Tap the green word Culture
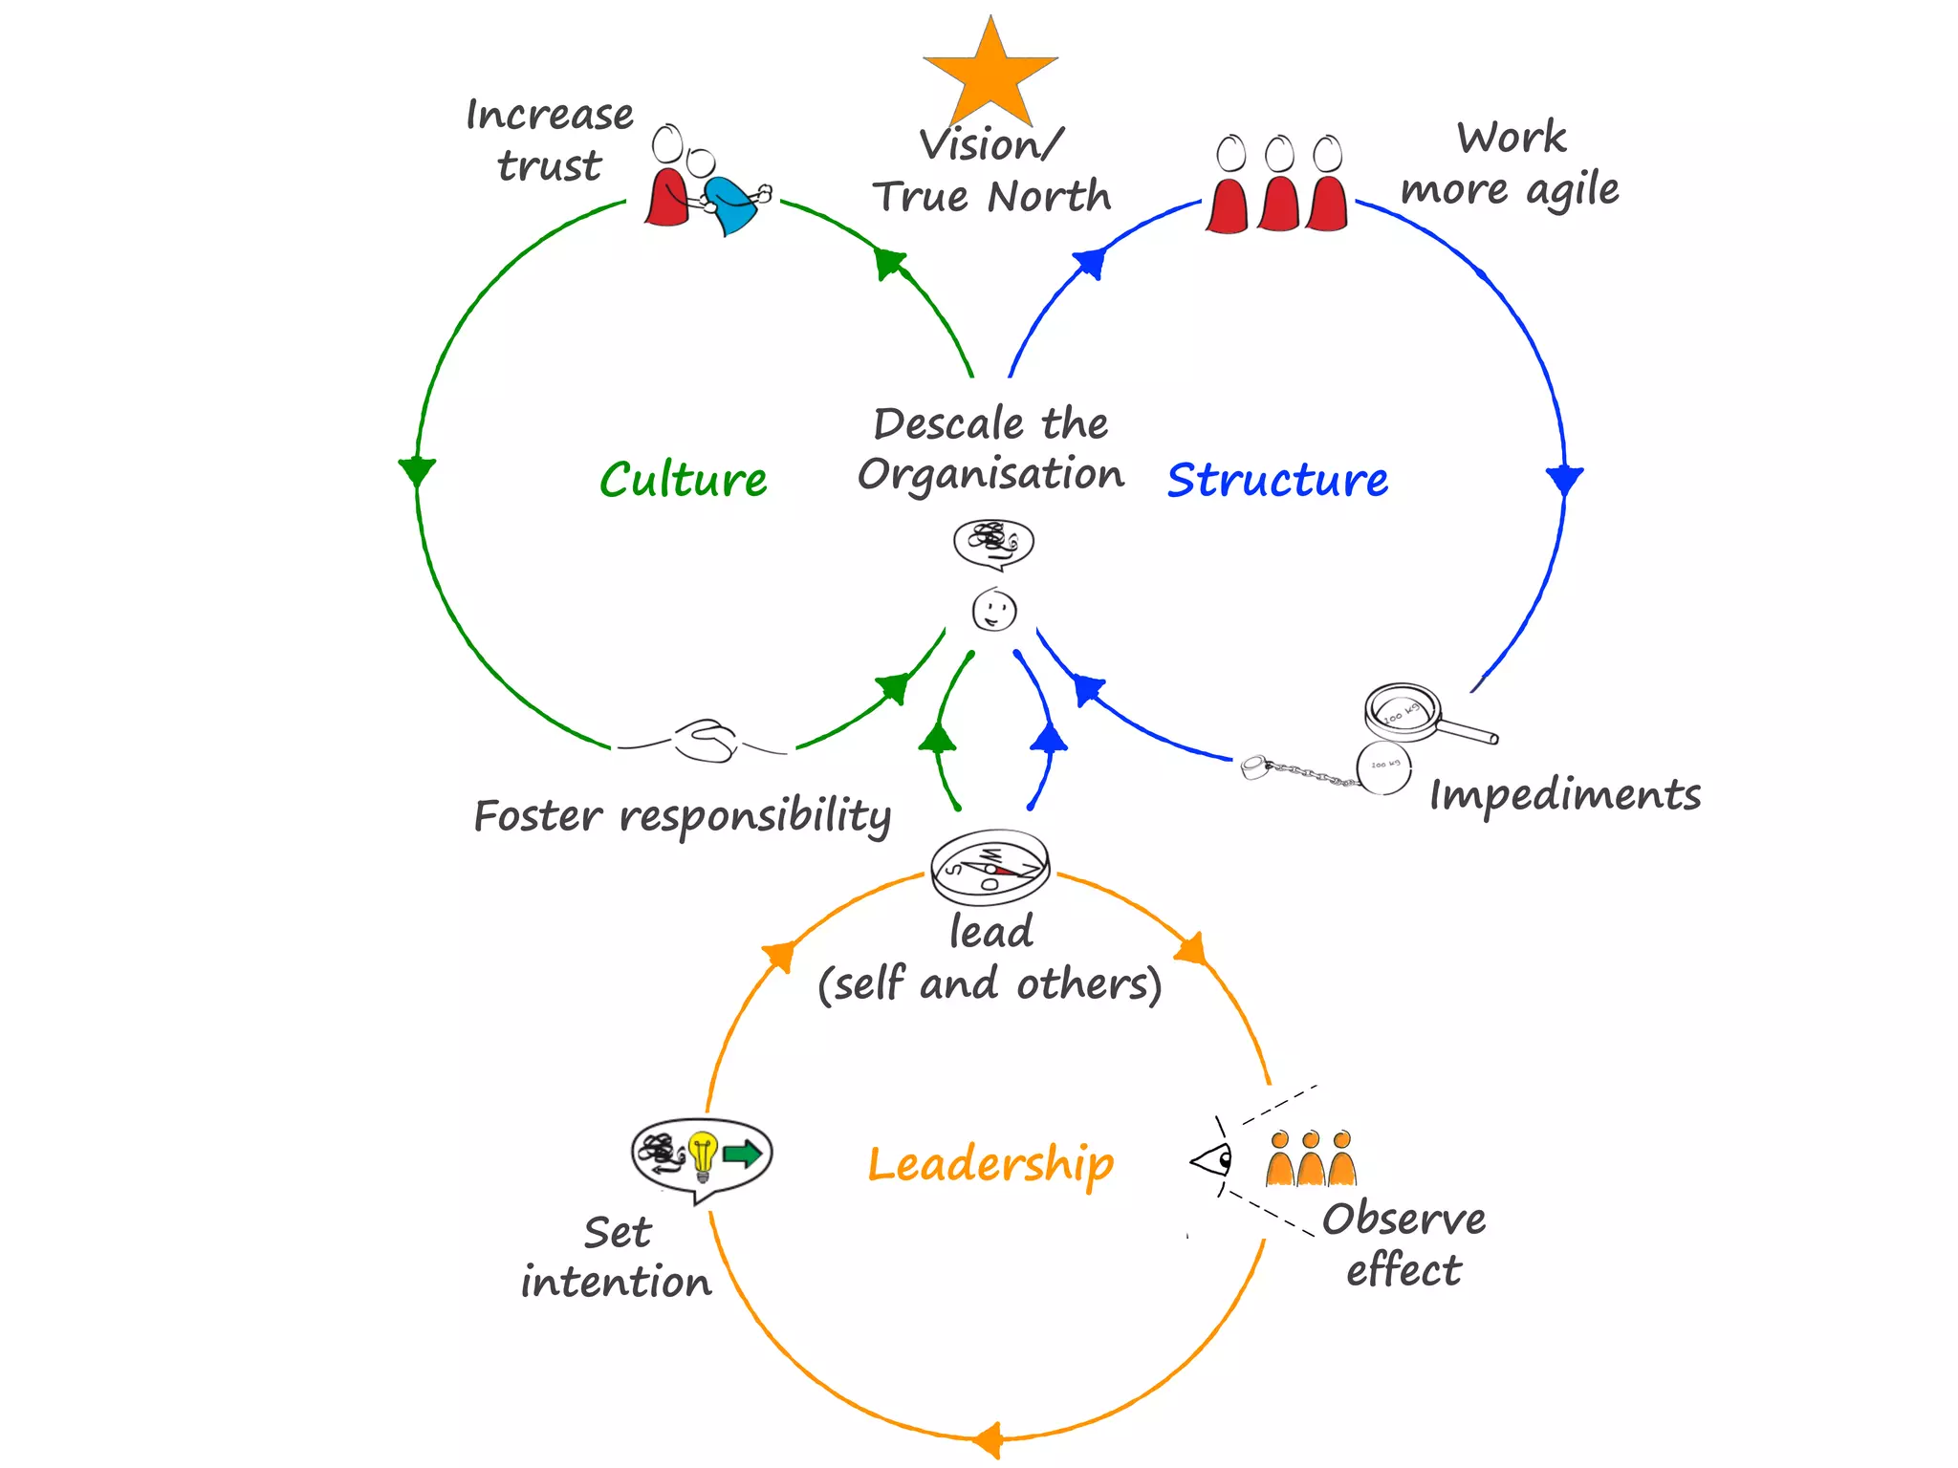pos(683,480)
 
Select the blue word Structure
pos(1277,480)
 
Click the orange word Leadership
pos(990,1164)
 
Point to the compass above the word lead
pos(990,868)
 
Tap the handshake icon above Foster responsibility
pos(706,741)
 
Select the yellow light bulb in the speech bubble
pos(703,1155)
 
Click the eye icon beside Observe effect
pos(1212,1161)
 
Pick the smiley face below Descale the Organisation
pos(994,611)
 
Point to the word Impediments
pos(1564,795)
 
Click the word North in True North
pos(1049,197)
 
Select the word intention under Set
pos(617,1282)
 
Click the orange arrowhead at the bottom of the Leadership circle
pos(988,1438)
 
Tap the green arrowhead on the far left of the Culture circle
pos(417,471)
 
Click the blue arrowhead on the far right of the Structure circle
pos(1564,479)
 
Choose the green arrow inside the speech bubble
pos(742,1154)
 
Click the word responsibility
pos(755,817)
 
